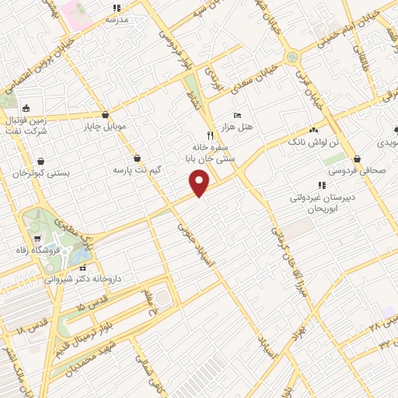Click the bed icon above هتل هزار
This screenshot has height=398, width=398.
[x=237, y=116]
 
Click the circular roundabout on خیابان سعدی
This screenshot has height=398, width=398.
[x=292, y=56]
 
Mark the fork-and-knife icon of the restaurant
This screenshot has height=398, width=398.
[x=210, y=134]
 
